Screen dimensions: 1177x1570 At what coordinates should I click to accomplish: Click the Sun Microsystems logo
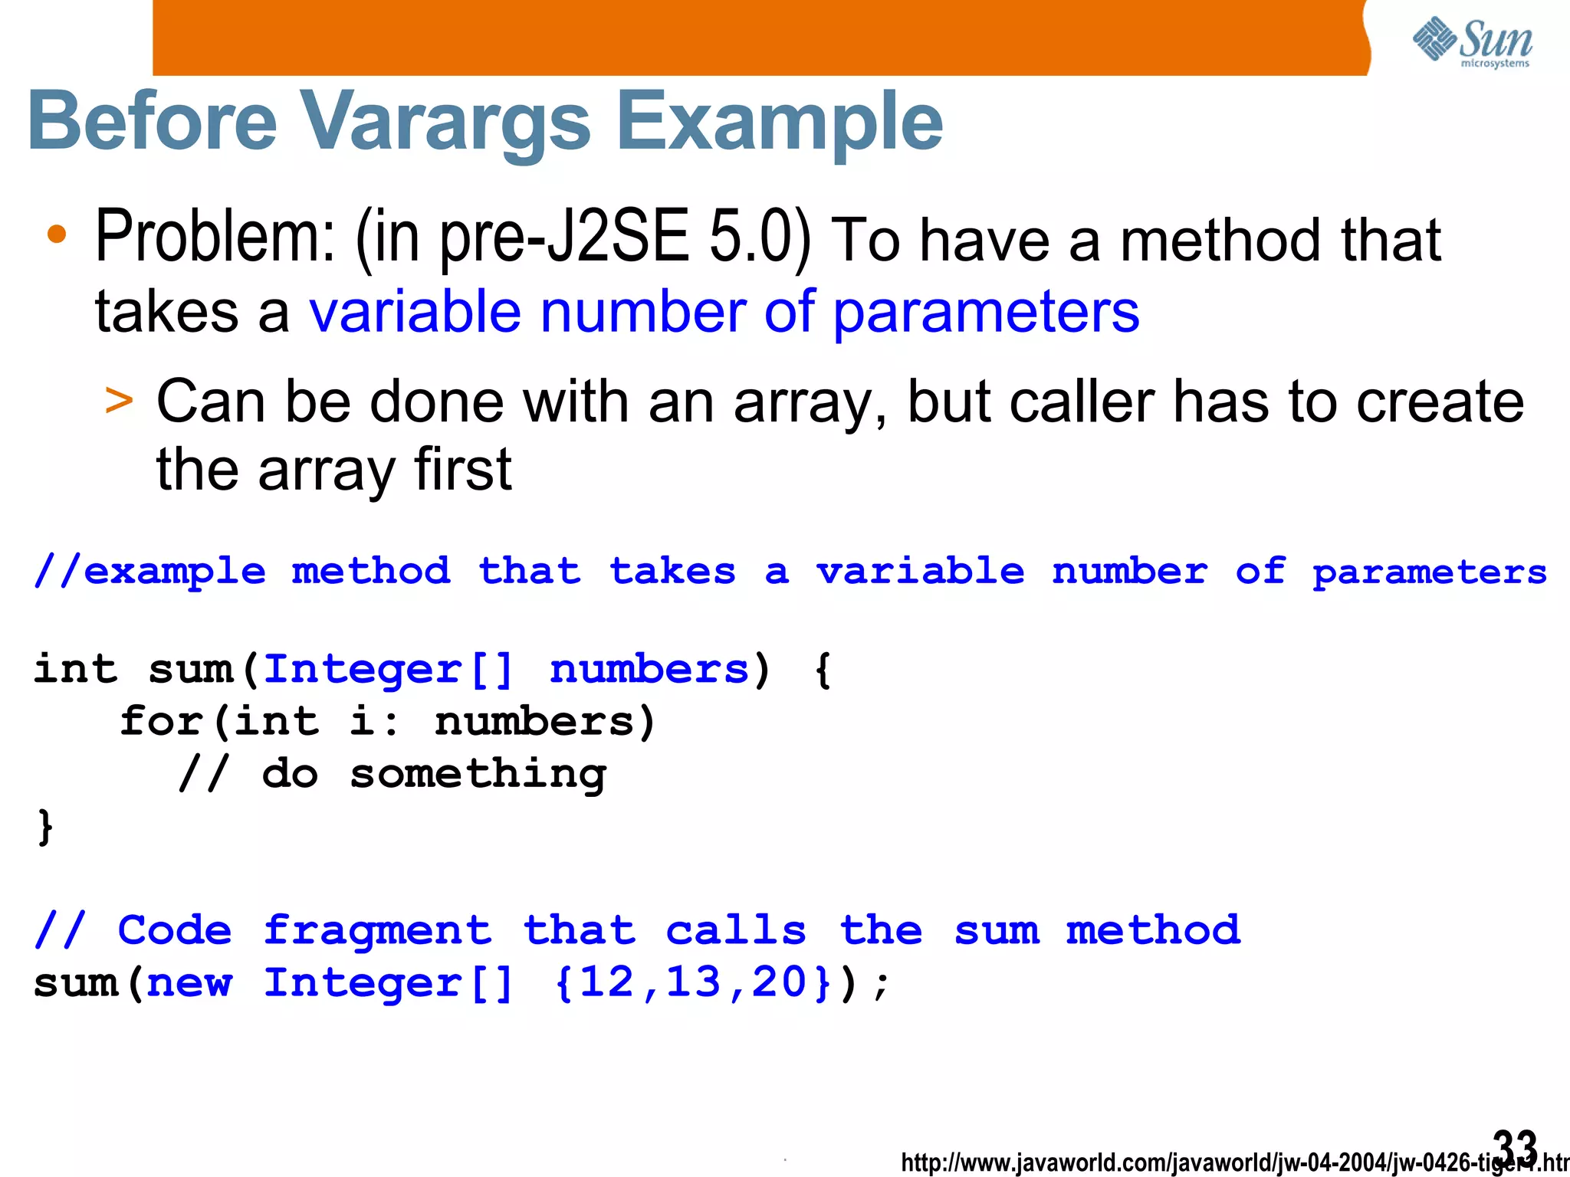pos(1473,41)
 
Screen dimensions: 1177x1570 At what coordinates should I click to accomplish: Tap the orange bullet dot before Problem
pos(57,234)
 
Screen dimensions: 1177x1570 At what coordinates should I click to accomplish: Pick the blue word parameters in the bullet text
pos(986,313)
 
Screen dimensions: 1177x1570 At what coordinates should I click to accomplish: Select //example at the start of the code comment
pos(150,572)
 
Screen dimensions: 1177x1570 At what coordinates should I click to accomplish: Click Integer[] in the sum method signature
pos(388,670)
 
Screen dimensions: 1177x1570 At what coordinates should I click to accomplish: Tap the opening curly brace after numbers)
pos(823,670)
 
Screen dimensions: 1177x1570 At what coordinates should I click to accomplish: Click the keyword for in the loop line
pos(161,722)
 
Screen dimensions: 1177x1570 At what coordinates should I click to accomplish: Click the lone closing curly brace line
pos(45,826)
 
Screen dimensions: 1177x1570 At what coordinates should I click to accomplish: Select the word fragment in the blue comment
pos(377,930)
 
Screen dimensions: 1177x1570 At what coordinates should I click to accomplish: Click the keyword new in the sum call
pos(189,983)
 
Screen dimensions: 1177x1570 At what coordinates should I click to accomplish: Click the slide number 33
pos(1515,1146)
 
